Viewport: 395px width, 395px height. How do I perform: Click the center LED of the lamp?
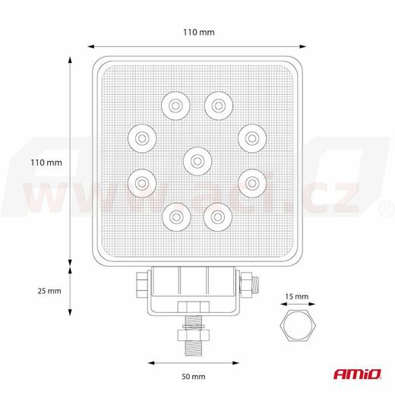point(197,160)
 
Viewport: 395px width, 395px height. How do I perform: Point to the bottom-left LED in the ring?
point(175,217)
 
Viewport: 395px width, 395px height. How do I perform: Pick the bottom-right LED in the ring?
point(219,217)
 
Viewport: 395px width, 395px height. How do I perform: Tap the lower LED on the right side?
point(251,182)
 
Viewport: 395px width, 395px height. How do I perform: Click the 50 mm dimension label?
point(194,376)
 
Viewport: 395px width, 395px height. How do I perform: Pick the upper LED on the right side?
point(251,137)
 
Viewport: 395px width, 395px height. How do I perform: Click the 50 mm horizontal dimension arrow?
point(194,362)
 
